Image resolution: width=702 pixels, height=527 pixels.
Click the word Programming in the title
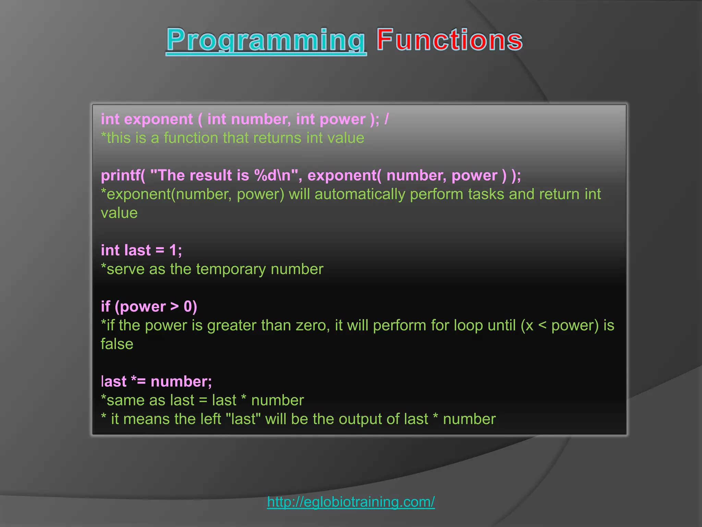pos(266,40)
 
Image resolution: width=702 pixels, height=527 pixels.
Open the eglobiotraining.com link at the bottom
pos(351,502)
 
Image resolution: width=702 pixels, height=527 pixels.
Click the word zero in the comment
pos(312,325)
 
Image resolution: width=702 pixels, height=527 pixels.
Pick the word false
pos(117,344)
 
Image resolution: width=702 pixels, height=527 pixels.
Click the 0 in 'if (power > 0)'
pos(188,307)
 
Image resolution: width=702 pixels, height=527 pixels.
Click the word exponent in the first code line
pos(158,119)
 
